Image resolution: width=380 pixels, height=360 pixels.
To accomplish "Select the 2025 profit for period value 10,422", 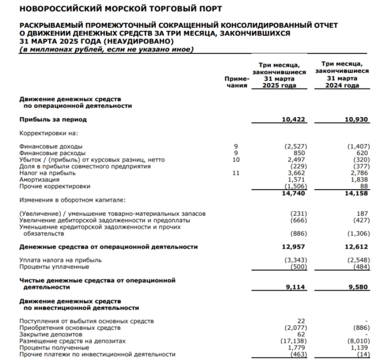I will pyautogui.click(x=294, y=120).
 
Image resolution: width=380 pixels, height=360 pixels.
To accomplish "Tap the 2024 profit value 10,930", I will pyautogui.click(x=356, y=120).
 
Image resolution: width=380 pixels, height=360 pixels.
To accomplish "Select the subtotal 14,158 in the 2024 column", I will pyautogui.click(x=356, y=192).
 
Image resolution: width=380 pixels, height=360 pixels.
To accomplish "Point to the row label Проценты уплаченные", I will pyautogui.click(x=50, y=267).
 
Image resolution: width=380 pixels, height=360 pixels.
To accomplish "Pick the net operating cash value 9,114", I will pyautogui.click(x=296, y=288).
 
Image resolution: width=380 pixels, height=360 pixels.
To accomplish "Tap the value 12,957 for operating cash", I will pyautogui.click(x=295, y=247).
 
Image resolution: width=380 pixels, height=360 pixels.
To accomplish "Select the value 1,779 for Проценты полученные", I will pyautogui.click(x=297, y=347).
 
